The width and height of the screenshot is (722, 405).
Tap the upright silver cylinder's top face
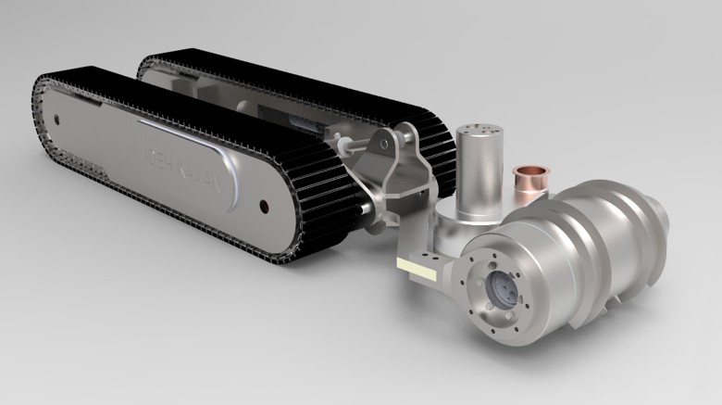click(479, 132)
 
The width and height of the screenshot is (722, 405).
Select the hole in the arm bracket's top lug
click(380, 143)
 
